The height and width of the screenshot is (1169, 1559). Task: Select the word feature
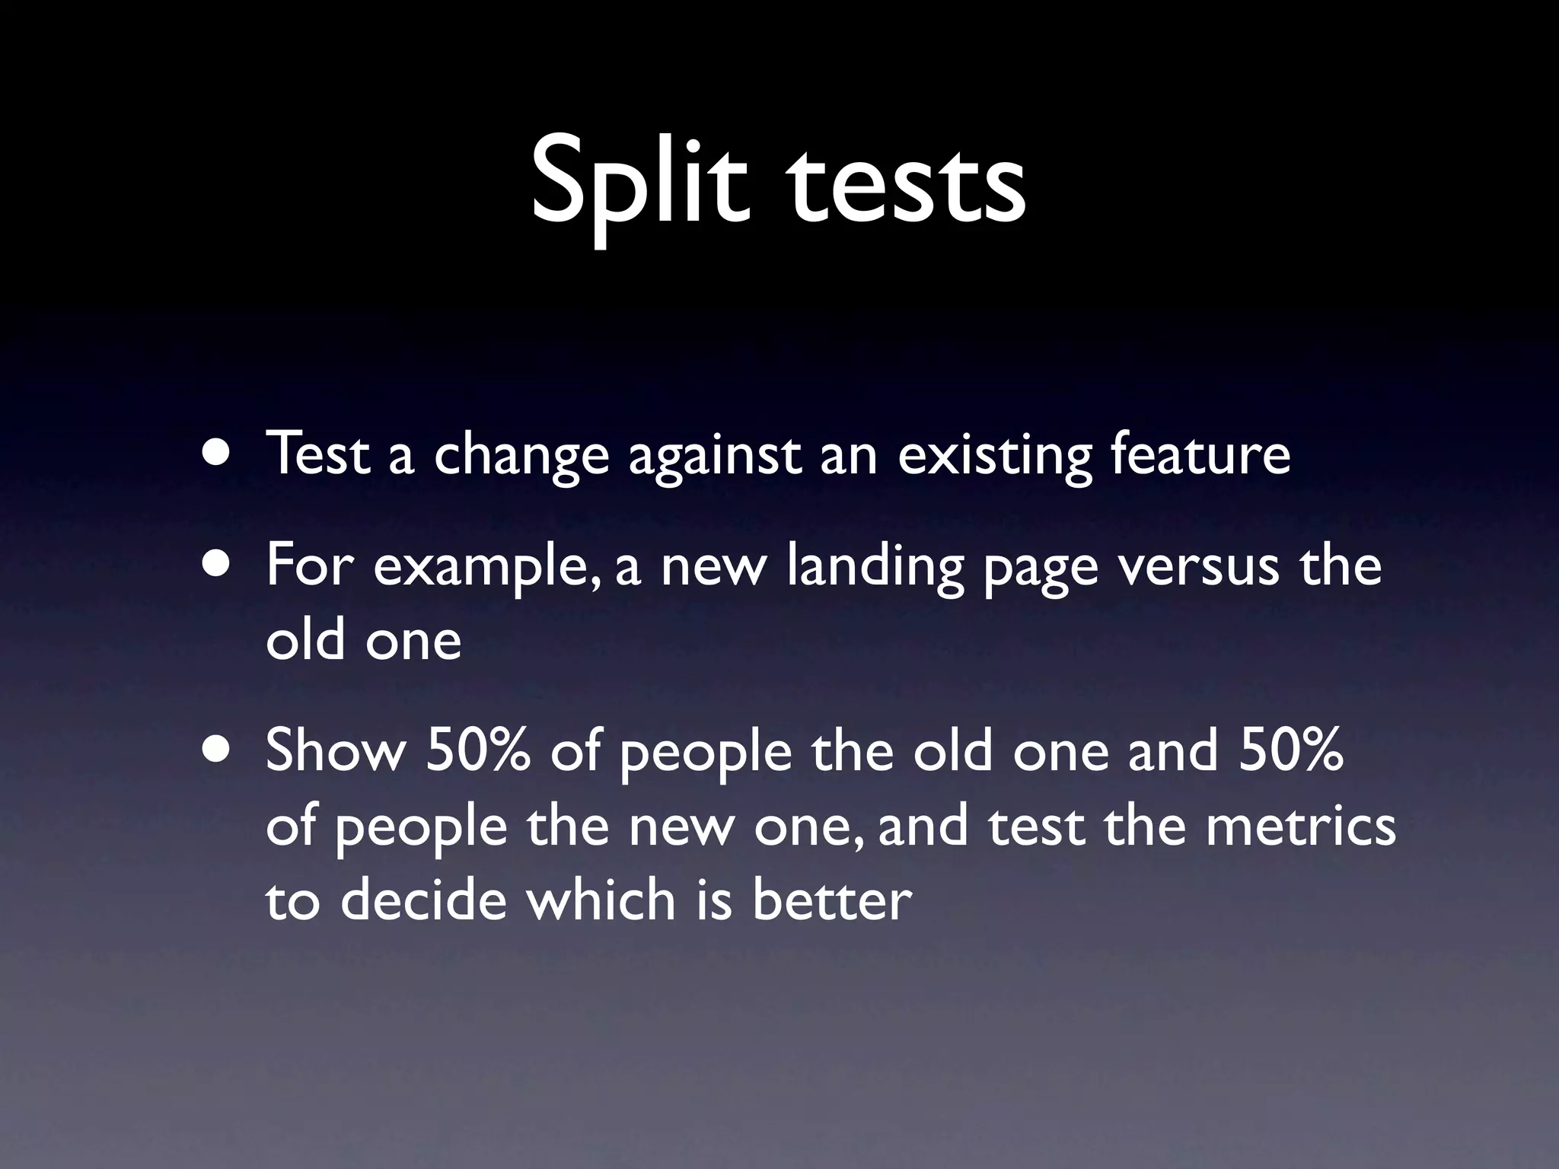(1200, 454)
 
